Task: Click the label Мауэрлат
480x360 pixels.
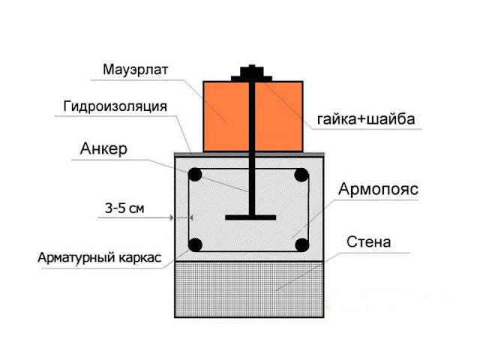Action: tap(135, 70)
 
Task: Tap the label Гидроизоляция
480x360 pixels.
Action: tap(115, 106)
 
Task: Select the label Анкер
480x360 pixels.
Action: tap(103, 148)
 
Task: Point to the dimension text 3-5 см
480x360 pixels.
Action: tap(124, 208)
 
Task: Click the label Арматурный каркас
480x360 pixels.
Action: tap(100, 258)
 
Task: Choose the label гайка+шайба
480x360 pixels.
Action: tap(366, 119)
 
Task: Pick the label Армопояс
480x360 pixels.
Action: tap(378, 189)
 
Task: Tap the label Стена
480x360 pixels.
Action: tap(368, 242)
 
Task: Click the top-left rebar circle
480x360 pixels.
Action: tap(195, 175)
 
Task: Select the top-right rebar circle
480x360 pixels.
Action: tap(301, 175)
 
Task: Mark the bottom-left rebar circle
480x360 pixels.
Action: tap(195, 245)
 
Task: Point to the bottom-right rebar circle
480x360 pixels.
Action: tap(301, 245)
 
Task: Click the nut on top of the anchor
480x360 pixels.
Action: tap(252, 71)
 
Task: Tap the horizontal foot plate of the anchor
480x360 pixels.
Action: tap(250, 217)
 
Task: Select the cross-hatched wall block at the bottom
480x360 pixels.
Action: tap(249, 289)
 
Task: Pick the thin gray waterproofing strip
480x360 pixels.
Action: tap(249, 154)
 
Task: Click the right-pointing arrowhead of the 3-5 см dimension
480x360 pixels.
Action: tap(172, 217)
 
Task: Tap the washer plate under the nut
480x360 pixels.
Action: tap(252, 79)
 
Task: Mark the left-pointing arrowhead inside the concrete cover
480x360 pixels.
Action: tap(191, 217)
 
